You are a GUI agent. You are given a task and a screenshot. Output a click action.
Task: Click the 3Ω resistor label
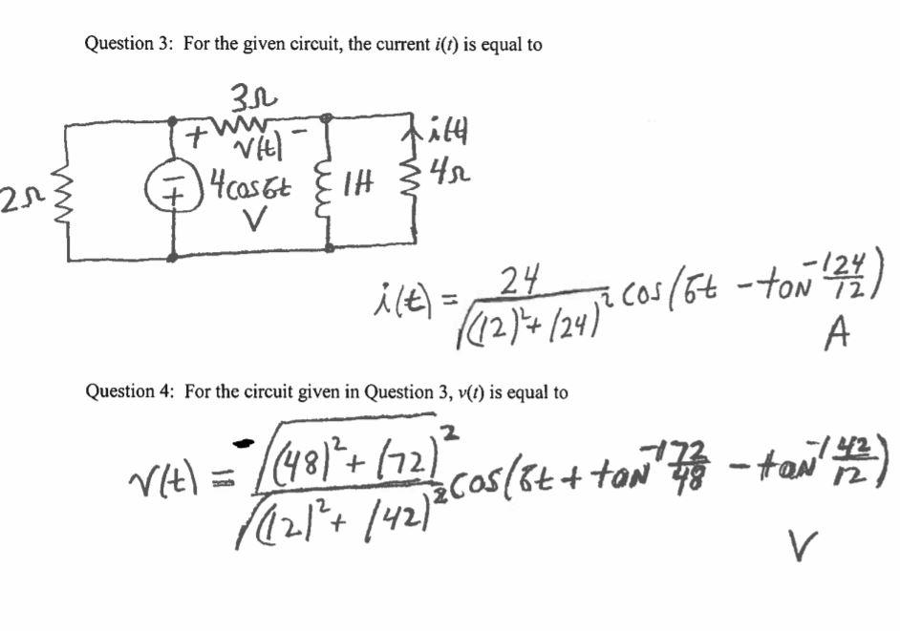252,97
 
